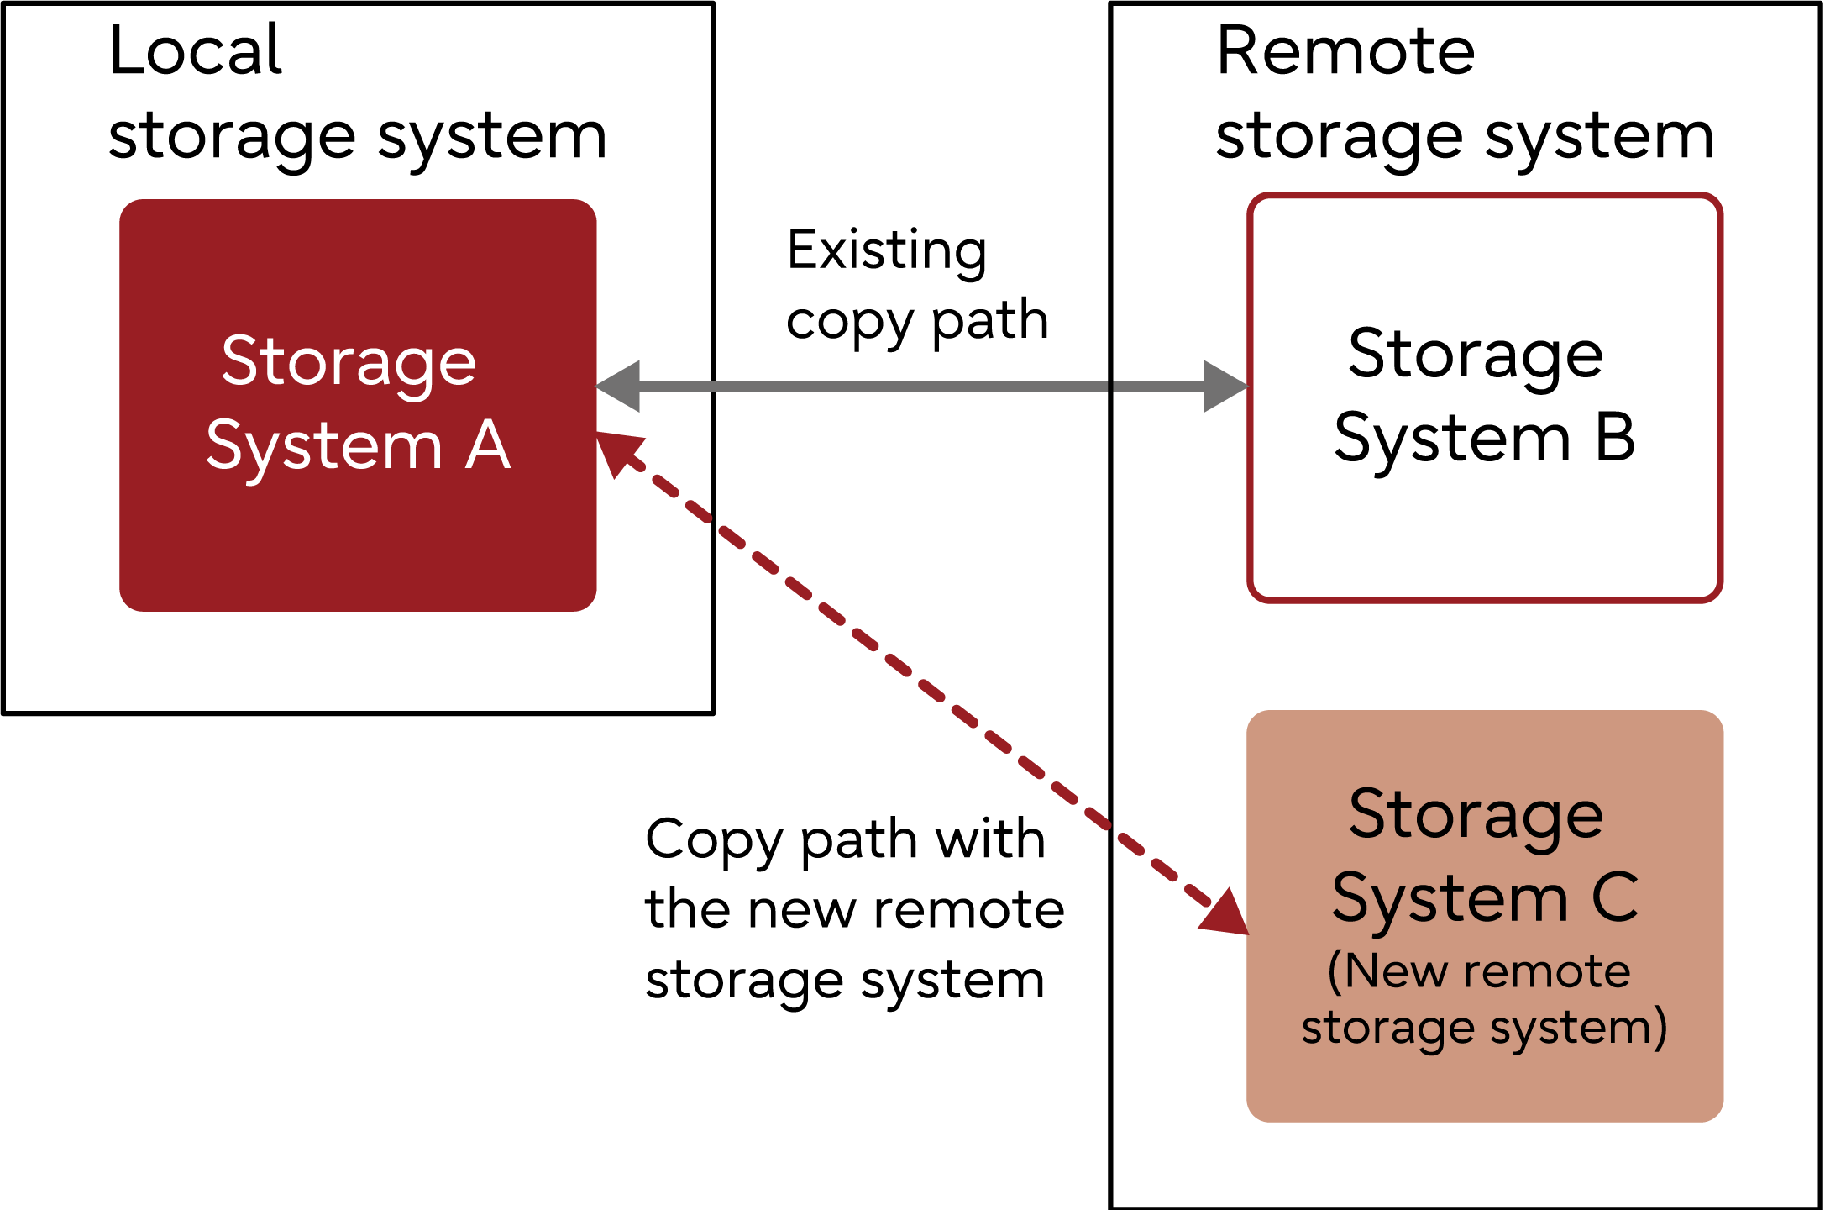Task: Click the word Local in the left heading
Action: coord(196,50)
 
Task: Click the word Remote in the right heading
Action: coord(1345,50)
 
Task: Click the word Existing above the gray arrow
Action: coord(887,250)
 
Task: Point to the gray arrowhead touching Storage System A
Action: coord(620,387)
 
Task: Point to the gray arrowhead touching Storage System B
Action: coord(1224,387)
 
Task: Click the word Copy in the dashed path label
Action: coord(714,839)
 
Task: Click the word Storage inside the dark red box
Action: coord(349,362)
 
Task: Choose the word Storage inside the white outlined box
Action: coord(1476,355)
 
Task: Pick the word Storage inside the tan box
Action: coord(1476,815)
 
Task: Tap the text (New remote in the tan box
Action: coord(1479,971)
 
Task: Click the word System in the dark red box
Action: coord(324,446)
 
